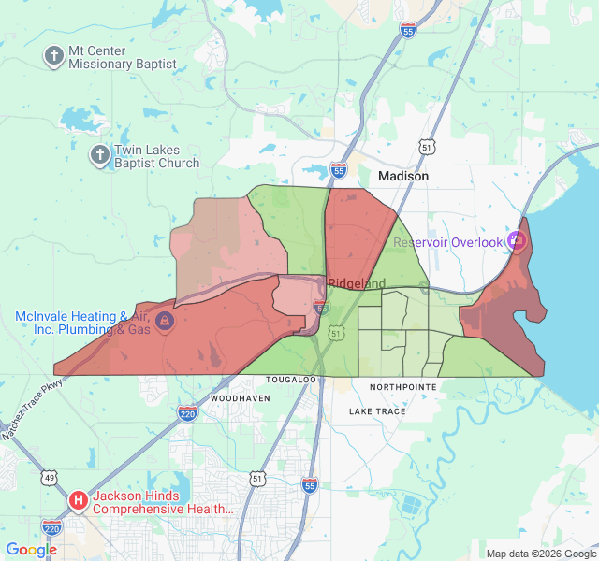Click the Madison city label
402,176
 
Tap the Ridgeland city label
357,283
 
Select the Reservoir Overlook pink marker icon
517,241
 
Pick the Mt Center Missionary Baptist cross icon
54,56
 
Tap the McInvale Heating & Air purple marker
165,322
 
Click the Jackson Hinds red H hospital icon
79,500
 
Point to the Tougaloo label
291,381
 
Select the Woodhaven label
241,397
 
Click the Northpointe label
402,386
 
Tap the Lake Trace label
377,411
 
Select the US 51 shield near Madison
427,148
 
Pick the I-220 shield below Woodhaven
188,412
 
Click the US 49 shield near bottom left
48,478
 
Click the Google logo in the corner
31,550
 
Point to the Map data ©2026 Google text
540,554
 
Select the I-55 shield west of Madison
339,170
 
